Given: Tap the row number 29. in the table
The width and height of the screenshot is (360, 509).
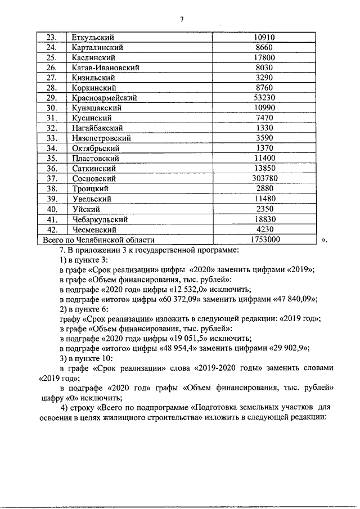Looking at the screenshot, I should [52, 98].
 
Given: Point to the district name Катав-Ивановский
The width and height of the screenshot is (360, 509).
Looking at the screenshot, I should [106, 67].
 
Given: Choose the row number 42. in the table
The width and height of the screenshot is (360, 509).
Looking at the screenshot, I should [52, 229].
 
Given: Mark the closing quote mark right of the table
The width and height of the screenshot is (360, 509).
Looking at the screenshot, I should [323, 240].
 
